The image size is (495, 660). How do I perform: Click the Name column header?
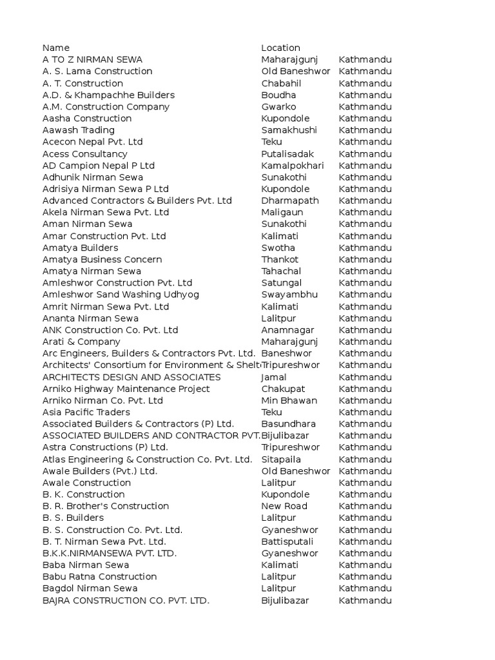[56, 48]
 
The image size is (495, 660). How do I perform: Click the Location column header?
[280, 48]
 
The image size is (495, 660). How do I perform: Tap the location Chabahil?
[281, 83]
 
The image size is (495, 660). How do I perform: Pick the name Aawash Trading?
[79, 130]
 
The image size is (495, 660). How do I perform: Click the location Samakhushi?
[289, 130]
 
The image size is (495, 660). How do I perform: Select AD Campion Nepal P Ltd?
[99, 166]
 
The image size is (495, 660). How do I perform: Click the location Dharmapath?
[290, 200]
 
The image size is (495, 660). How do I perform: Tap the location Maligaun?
[280, 212]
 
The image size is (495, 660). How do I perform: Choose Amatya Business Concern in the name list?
[102, 259]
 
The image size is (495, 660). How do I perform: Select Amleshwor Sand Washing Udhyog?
[121, 295]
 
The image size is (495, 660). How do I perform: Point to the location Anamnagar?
[287, 330]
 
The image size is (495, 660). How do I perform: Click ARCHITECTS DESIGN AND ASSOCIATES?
[131, 377]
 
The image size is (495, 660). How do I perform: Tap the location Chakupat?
[283, 389]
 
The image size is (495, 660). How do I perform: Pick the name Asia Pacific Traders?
[86, 412]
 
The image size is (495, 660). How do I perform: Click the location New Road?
[284, 506]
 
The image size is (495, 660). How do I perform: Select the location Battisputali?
[288, 541]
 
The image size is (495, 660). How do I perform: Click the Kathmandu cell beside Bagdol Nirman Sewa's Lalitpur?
[365, 588]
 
